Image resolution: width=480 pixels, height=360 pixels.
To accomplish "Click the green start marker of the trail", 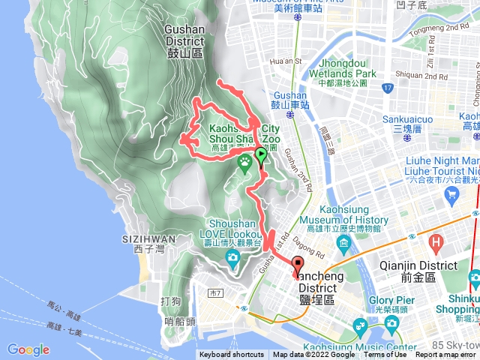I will pyautogui.click(x=260, y=156).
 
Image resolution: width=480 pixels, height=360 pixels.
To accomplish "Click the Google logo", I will pyautogui.click(x=28, y=349).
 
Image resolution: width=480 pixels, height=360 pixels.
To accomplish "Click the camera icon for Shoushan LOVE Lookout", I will pyautogui.click(x=232, y=259).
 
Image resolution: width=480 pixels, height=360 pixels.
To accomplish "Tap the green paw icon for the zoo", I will pyautogui.click(x=244, y=160).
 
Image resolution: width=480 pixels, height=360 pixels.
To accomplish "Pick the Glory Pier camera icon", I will pyautogui.click(x=391, y=322).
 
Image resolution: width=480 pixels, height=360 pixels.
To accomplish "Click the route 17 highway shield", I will pyautogui.click(x=387, y=88).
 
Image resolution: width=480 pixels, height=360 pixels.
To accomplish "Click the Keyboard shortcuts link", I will pyautogui.click(x=232, y=355).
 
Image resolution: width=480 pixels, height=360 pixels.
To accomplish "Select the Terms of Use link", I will pyautogui.click(x=385, y=355).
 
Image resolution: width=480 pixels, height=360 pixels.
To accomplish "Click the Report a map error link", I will pyautogui.click(x=446, y=355).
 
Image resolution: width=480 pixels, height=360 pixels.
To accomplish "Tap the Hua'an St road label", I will pyautogui.click(x=288, y=61).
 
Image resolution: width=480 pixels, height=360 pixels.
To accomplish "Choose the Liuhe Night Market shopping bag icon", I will pyautogui.click(x=451, y=194).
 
